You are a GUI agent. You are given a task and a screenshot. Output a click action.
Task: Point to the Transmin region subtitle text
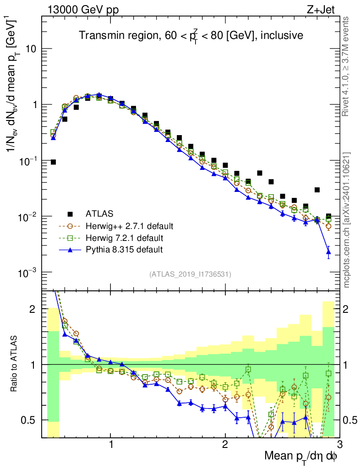pos(191,35)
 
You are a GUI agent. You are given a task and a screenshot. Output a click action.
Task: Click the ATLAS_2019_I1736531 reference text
pos(190,274)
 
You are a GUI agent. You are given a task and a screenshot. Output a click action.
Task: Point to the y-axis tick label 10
pos(31,49)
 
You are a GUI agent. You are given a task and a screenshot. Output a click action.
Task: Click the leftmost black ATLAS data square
pos(53,162)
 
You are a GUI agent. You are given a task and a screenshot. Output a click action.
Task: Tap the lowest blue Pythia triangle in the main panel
pos(328,251)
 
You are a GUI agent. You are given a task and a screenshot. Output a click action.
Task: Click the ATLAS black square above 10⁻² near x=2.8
pos(317,190)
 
